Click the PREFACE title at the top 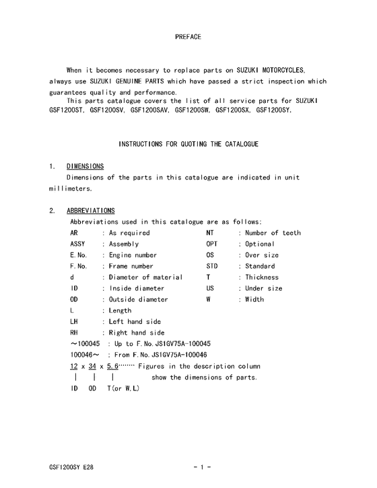pos(188,36)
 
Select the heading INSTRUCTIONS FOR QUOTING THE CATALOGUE pos(188,144)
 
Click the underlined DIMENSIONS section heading pos(85,166)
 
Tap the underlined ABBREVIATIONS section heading pos(90,211)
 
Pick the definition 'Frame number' pos(131,267)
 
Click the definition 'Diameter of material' pos(145,277)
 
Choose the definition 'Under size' pos(263,288)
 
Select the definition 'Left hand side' pos(135,322)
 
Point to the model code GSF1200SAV pos(150,110)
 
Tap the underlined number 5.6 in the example pos(112,366)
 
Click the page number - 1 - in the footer pos(203,466)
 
